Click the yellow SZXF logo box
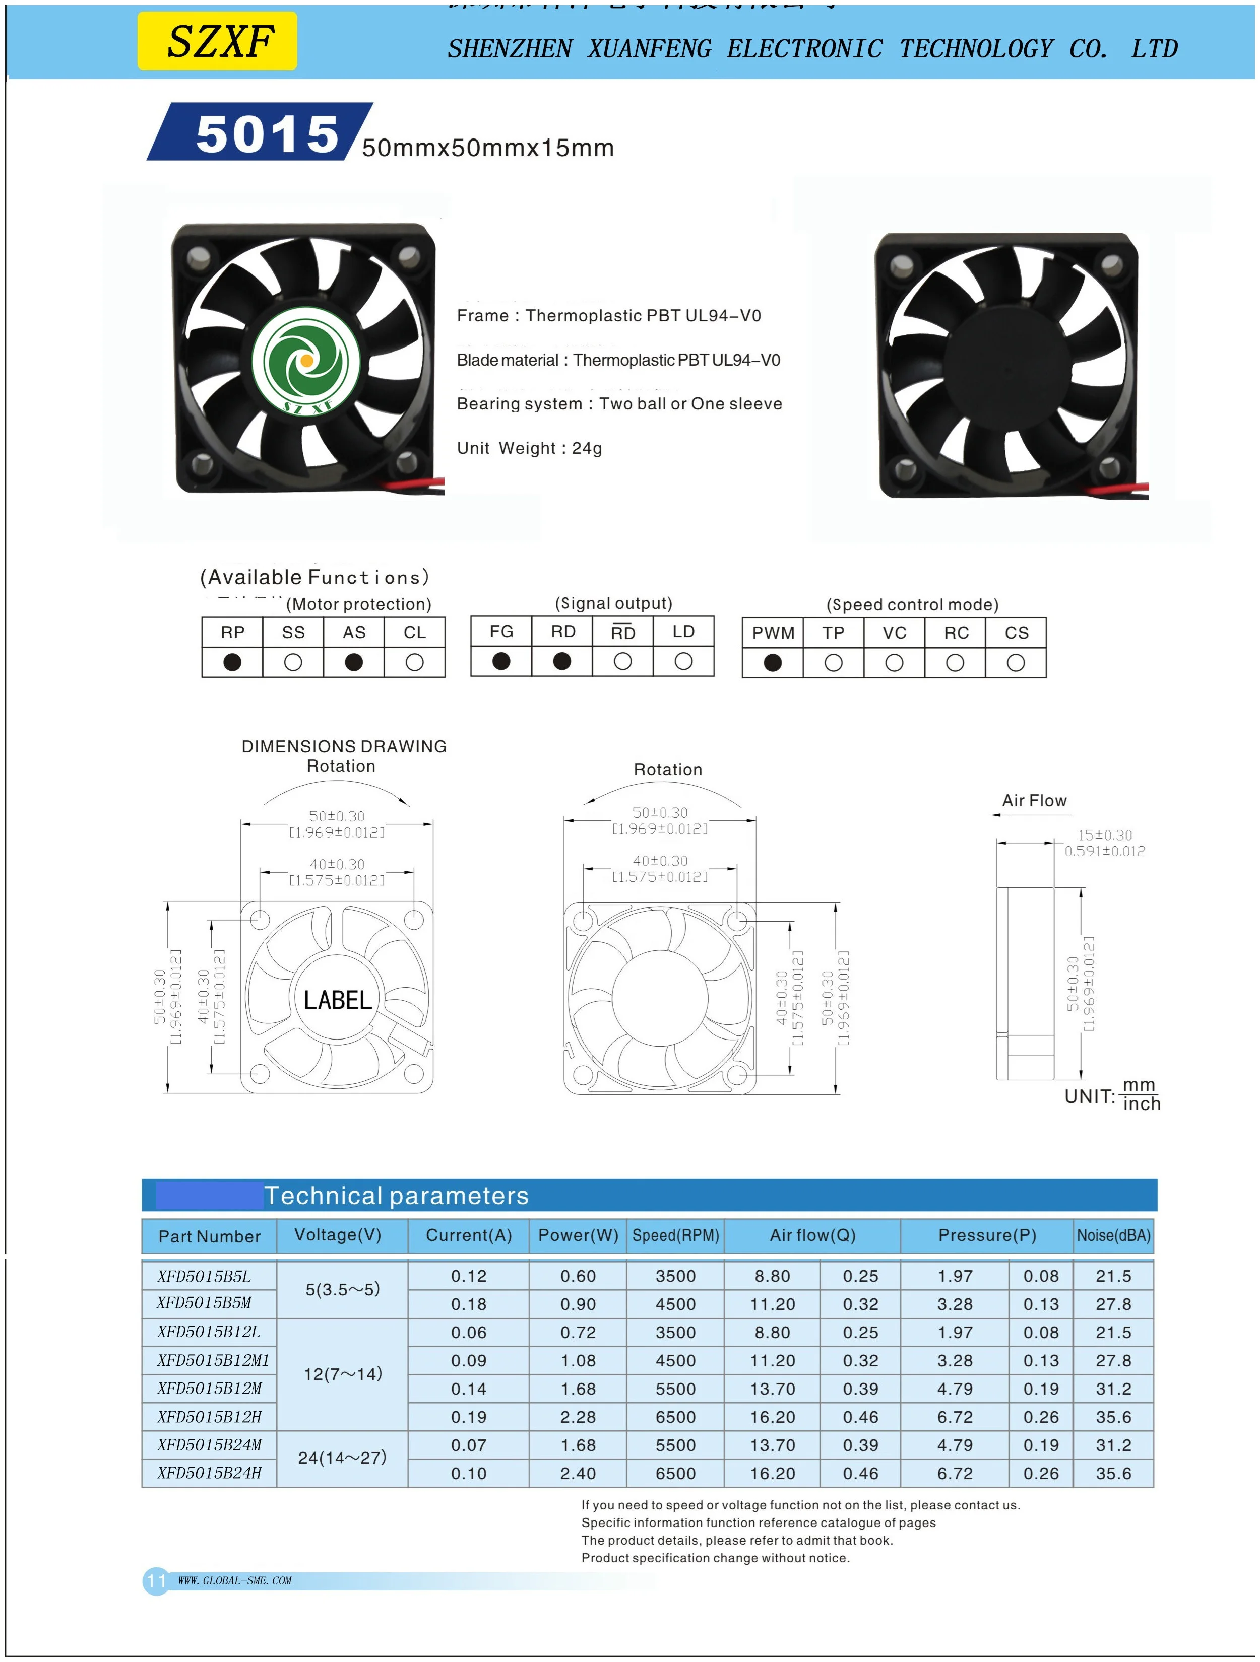tap(217, 41)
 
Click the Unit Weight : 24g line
tap(529, 449)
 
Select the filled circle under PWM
tap(772, 663)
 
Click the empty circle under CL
tap(414, 662)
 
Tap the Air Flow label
tap(1034, 800)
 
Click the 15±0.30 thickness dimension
tap(1104, 835)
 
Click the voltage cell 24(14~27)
tap(342, 1458)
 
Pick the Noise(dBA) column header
tap(1113, 1236)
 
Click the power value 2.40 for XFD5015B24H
tap(578, 1474)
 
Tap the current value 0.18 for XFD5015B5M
tap(468, 1304)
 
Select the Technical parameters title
tap(396, 1196)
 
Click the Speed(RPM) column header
tap(675, 1236)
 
